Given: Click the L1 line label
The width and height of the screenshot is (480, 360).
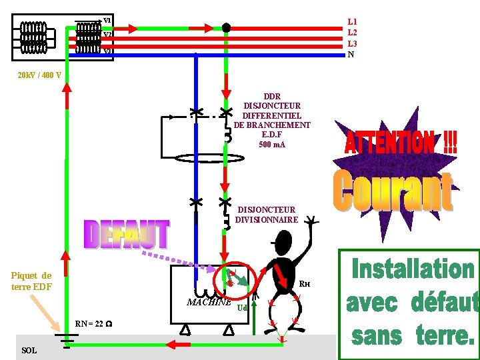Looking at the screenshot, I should click(352, 22).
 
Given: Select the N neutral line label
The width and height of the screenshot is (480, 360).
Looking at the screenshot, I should click(351, 55).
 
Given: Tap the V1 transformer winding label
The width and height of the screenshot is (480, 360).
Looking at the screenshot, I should click(107, 20).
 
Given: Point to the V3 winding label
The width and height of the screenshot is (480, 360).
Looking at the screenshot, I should click(107, 51).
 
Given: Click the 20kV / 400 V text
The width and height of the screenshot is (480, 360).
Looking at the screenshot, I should click(39, 75).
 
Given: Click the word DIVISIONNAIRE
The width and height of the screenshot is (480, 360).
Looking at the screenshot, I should click(267, 220).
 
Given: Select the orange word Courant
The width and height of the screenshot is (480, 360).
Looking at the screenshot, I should click(393, 191).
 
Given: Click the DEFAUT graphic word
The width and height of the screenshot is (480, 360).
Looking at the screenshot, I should click(127, 235).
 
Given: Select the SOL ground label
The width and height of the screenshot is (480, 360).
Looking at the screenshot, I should click(29, 351).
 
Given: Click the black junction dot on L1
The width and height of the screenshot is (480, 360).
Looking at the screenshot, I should click(226, 28).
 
